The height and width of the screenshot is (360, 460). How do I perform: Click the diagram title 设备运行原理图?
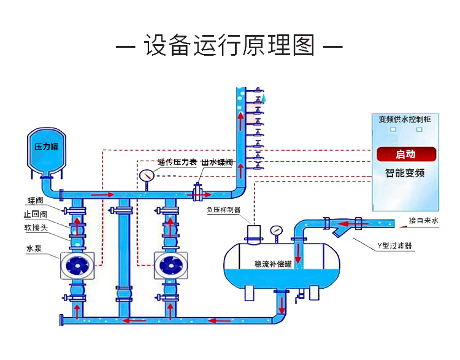pyautogui.click(x=229, y=47)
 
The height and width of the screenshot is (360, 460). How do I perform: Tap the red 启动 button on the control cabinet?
pyautogui.click(x=405, y=154)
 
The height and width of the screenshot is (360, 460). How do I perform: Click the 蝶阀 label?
pyautogui.click(x=35, y=200)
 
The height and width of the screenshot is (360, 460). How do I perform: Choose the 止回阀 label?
pyautogui.click(x=35, y=214)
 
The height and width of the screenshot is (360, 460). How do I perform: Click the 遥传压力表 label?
pyautogui.click(x=177, y=163)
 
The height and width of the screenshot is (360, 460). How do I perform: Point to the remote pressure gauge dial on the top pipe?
pyautogui.click(x=147, y=175)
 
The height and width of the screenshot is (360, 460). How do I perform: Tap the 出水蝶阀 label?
pyautogui.click(x=217, y=163)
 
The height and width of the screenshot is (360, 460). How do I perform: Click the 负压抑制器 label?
pyautogui.click(x=223, y=210)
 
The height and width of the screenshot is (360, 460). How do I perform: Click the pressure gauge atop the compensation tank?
pyautogui.click(x=276, y=232)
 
